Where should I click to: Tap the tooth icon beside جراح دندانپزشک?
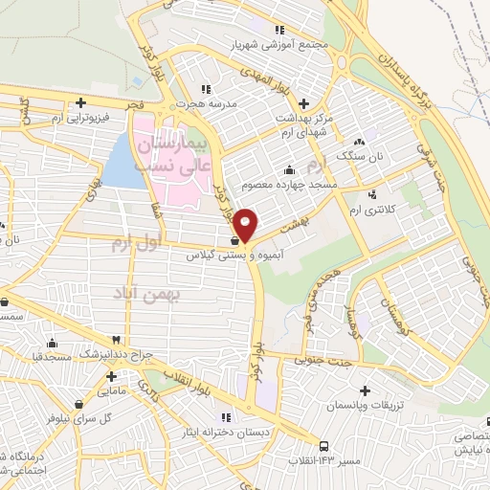(x=117, y=340)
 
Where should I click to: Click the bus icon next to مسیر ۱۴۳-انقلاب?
(x=324, y=446)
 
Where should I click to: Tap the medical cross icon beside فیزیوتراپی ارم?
(x=81, y=102)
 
